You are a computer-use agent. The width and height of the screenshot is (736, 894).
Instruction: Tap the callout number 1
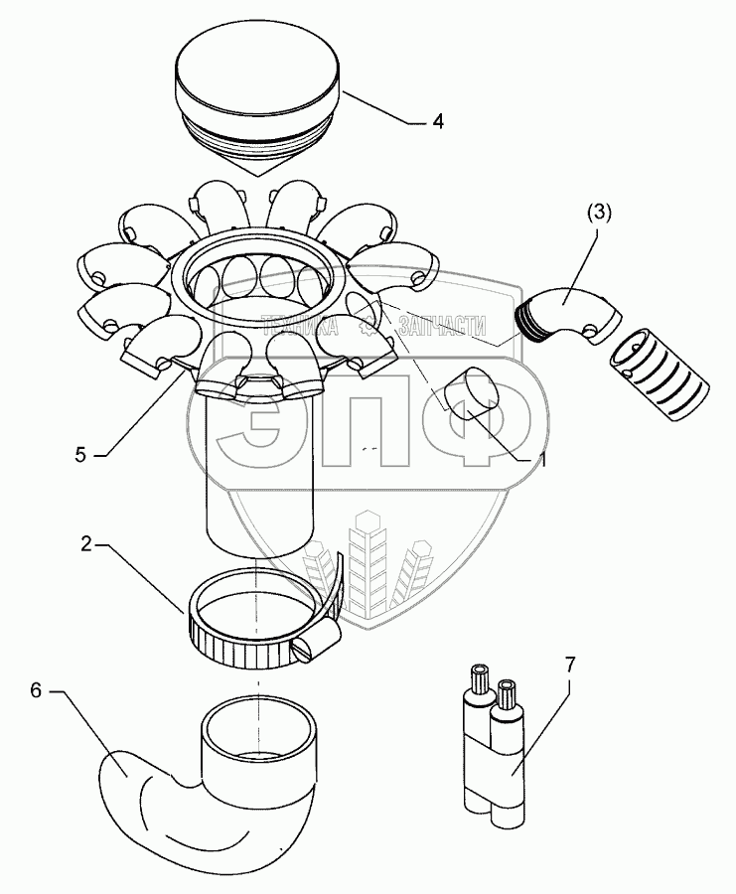click(542, 460)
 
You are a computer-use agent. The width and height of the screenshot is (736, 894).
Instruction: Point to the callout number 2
click(87, 544)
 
